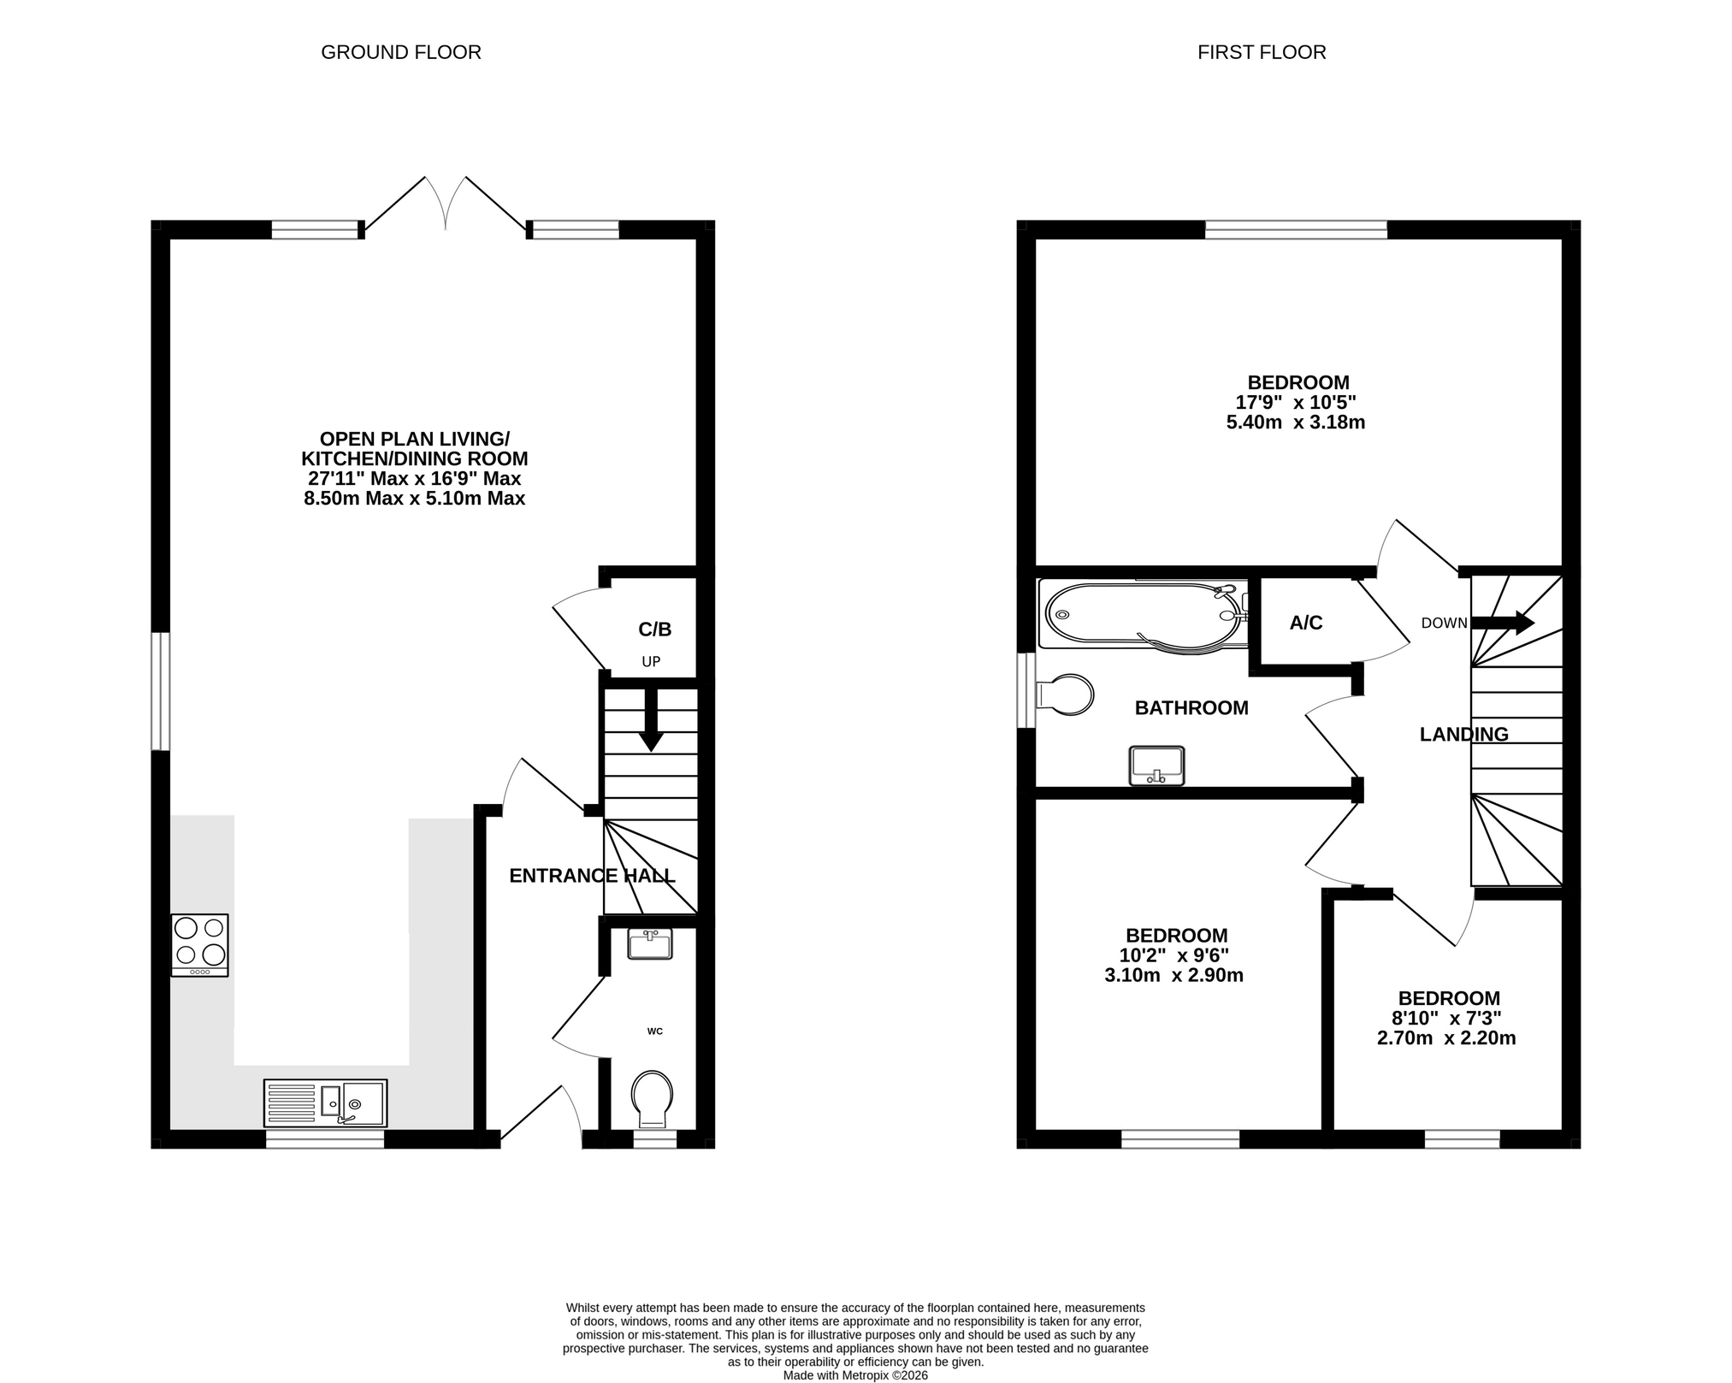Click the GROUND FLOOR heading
pyautogui.click(x=401, y=53)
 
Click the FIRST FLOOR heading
pyautogui.click(x=1262, y=53)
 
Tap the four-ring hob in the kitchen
pyautogui.click(x=200, y=945)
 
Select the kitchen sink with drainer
pyautogui.click(x=326, y=1103)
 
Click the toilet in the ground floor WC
pyautogui.click(x=652, y=1099)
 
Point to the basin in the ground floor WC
pyautogui.click(x=650, y=944)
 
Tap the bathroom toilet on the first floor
pyautogui.click(x=1064, y=694)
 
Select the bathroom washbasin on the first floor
pyautogui.click(x=1157, y=765)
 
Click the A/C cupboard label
pyautogui.click(x=1306, y=624)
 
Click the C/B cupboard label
pyautogui.click(x=655, y=630)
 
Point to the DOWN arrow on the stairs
pyautogui.click(x=1503, y=623)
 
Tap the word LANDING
pyautogui.click(x=1464, y=735)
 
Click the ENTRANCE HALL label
pyautogui.click(x=593, y=876)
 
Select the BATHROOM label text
pyautogui.click(x=1191, y=708)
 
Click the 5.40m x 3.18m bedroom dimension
pyautogui.click(x=1296, y=423)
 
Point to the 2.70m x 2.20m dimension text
pyautogui.click(x=1447, y=1038)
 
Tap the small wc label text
pyautogui.click(x=655, y=1031)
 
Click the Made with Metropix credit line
pyautogui.click(x=855, y=1376)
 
